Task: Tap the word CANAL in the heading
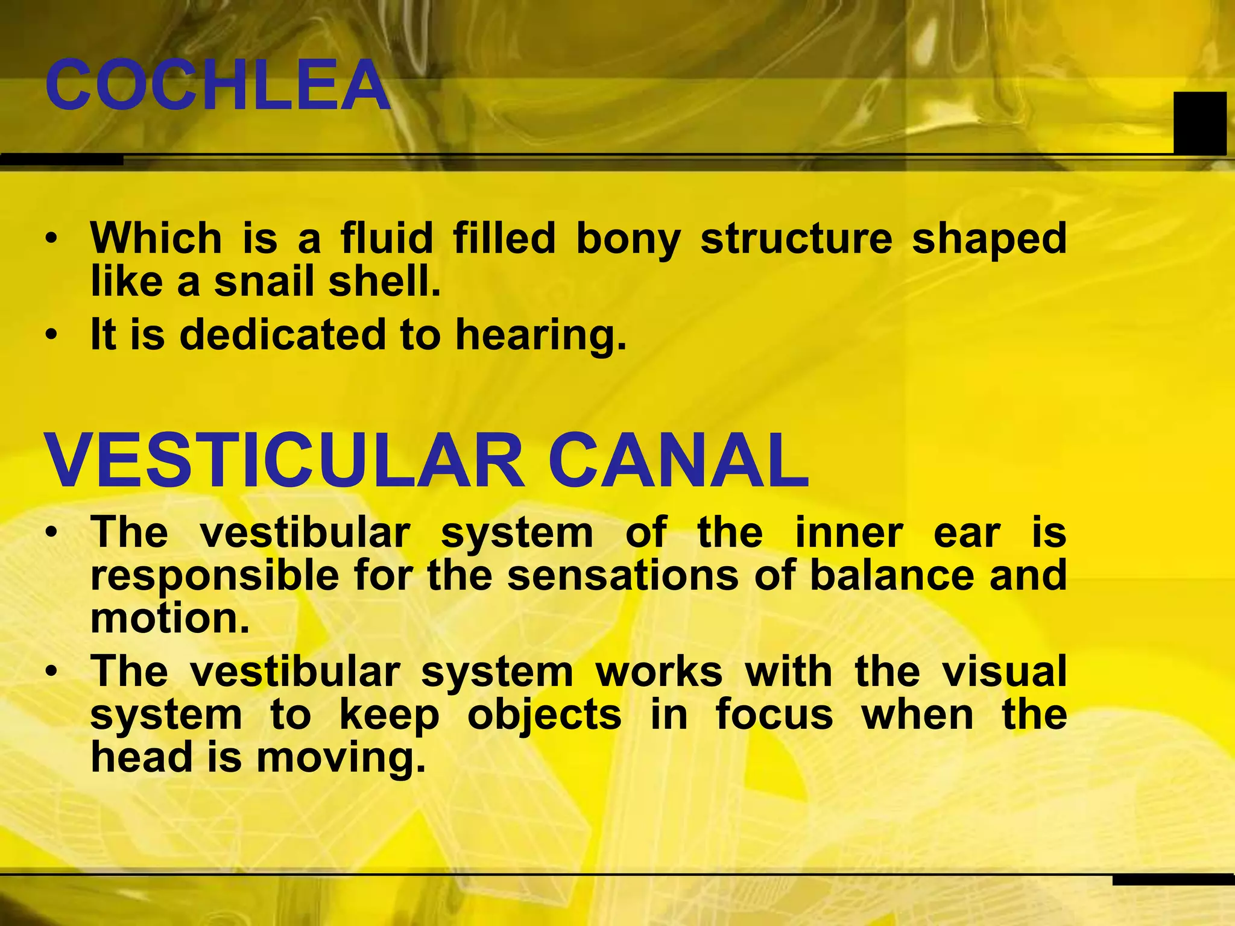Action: [x=679, y=461]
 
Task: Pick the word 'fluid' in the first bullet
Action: [x=387, y=238]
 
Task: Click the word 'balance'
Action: [x=892, y=575]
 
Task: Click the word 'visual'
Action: [x=1005, y=672]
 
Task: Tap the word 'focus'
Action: [x=774, y=715]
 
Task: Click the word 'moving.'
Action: [x=341, y=758]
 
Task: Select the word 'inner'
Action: [x=849, y=533]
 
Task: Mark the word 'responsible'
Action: [x=215, y=576]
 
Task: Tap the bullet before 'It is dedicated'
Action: [x=52, y=334]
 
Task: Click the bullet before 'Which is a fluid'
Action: [x=52, y=238]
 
